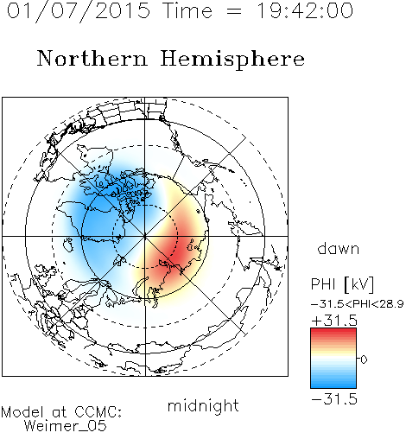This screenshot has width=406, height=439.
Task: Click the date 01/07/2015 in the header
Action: pos(79,11)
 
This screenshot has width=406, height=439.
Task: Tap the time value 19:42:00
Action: pos(305,11)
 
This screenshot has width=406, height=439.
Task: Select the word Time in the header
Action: pos(187,11)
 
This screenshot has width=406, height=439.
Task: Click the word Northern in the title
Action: pos(92,58)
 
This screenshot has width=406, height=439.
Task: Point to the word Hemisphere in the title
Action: pos(232,60)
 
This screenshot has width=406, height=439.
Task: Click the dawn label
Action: pos(339,248)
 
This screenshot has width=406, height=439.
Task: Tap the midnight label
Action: pos(203,405)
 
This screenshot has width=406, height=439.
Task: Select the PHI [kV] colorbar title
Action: pos(342,284)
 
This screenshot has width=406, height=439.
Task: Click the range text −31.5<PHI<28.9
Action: pos(358,304)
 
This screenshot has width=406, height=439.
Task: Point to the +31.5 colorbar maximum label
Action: pos(334,321)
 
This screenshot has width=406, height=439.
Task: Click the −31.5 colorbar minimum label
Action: pos(334,399)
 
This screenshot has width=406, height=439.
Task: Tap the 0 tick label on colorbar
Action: pos(364,359)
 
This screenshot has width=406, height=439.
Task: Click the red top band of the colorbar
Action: pos(333,333)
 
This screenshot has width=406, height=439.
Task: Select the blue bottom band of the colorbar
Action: pos(333,383)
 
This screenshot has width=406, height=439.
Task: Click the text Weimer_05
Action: pos(66,426)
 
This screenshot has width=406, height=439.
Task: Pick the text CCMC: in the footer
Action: pos(98,412)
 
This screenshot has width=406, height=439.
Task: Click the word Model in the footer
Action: pos(22,412)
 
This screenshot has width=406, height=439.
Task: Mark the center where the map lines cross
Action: pos(145,236)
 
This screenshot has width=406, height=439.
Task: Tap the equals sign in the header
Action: pos(234,11)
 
